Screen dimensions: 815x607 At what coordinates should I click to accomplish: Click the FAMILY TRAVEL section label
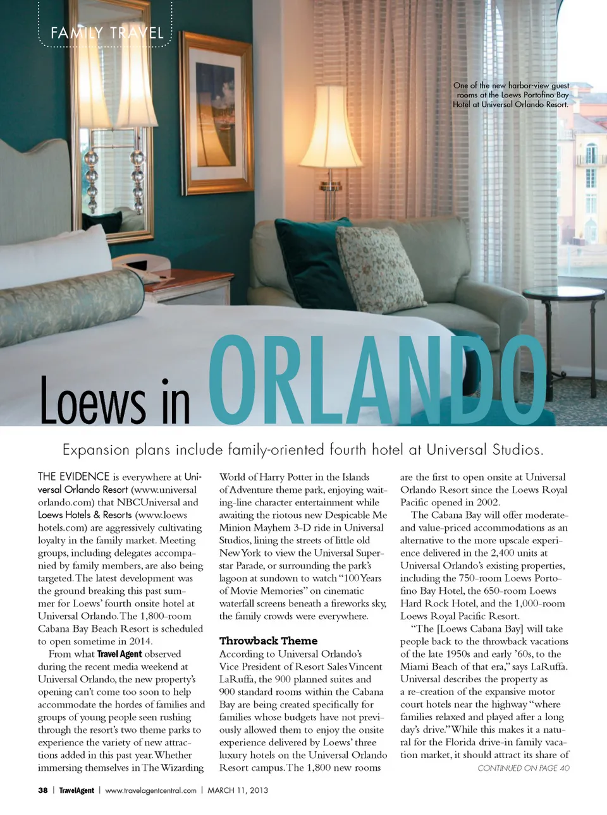pos(107,33)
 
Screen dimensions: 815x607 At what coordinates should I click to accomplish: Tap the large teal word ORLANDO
pos(377,381)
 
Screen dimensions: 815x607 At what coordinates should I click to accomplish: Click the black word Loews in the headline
pos(92,402)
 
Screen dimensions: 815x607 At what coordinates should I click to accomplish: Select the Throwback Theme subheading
pos(268,641)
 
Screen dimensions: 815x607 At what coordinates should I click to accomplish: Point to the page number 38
pos(43,790)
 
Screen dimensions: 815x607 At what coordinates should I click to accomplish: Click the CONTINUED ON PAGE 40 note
pos(523,768)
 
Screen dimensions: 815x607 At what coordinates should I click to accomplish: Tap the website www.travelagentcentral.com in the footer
pos(150,790)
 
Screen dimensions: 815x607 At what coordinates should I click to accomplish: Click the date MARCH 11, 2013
pos(238,790)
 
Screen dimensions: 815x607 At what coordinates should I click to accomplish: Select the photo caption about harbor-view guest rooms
pos(511,95)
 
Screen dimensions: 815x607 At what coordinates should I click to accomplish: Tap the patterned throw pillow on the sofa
pos(379,269)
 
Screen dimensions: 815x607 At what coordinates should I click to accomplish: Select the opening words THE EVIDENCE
pos(73,477)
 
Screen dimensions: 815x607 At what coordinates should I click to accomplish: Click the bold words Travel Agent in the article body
pos(119,654)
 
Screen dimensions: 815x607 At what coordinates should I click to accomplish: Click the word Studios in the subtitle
pos(517,450)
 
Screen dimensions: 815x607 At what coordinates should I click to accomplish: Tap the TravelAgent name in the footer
pos(77,790)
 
